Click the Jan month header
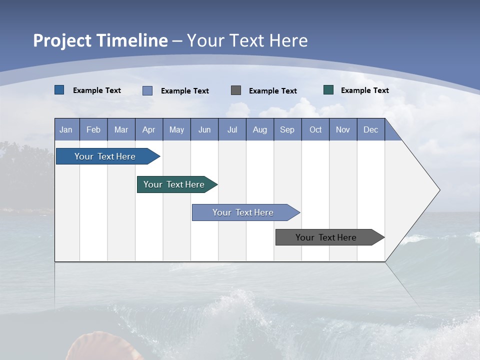[x=66, y=129]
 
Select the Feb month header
[x=93, y=129]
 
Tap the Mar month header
[x=121, y=129]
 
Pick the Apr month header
[x=149, y=129]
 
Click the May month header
[x=176, y=129]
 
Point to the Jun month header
[x=204, y=129]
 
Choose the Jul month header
[x=232, y=129]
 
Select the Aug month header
[x=260, y=129]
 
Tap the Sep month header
[x=287, y=129]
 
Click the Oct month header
[x=315, y=129]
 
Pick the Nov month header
[x=343, y=129]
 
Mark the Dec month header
[x=371, y=129]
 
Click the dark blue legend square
[x=59, y=90]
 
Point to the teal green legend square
[x=328, y=90]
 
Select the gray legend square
[x=236, y=90]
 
